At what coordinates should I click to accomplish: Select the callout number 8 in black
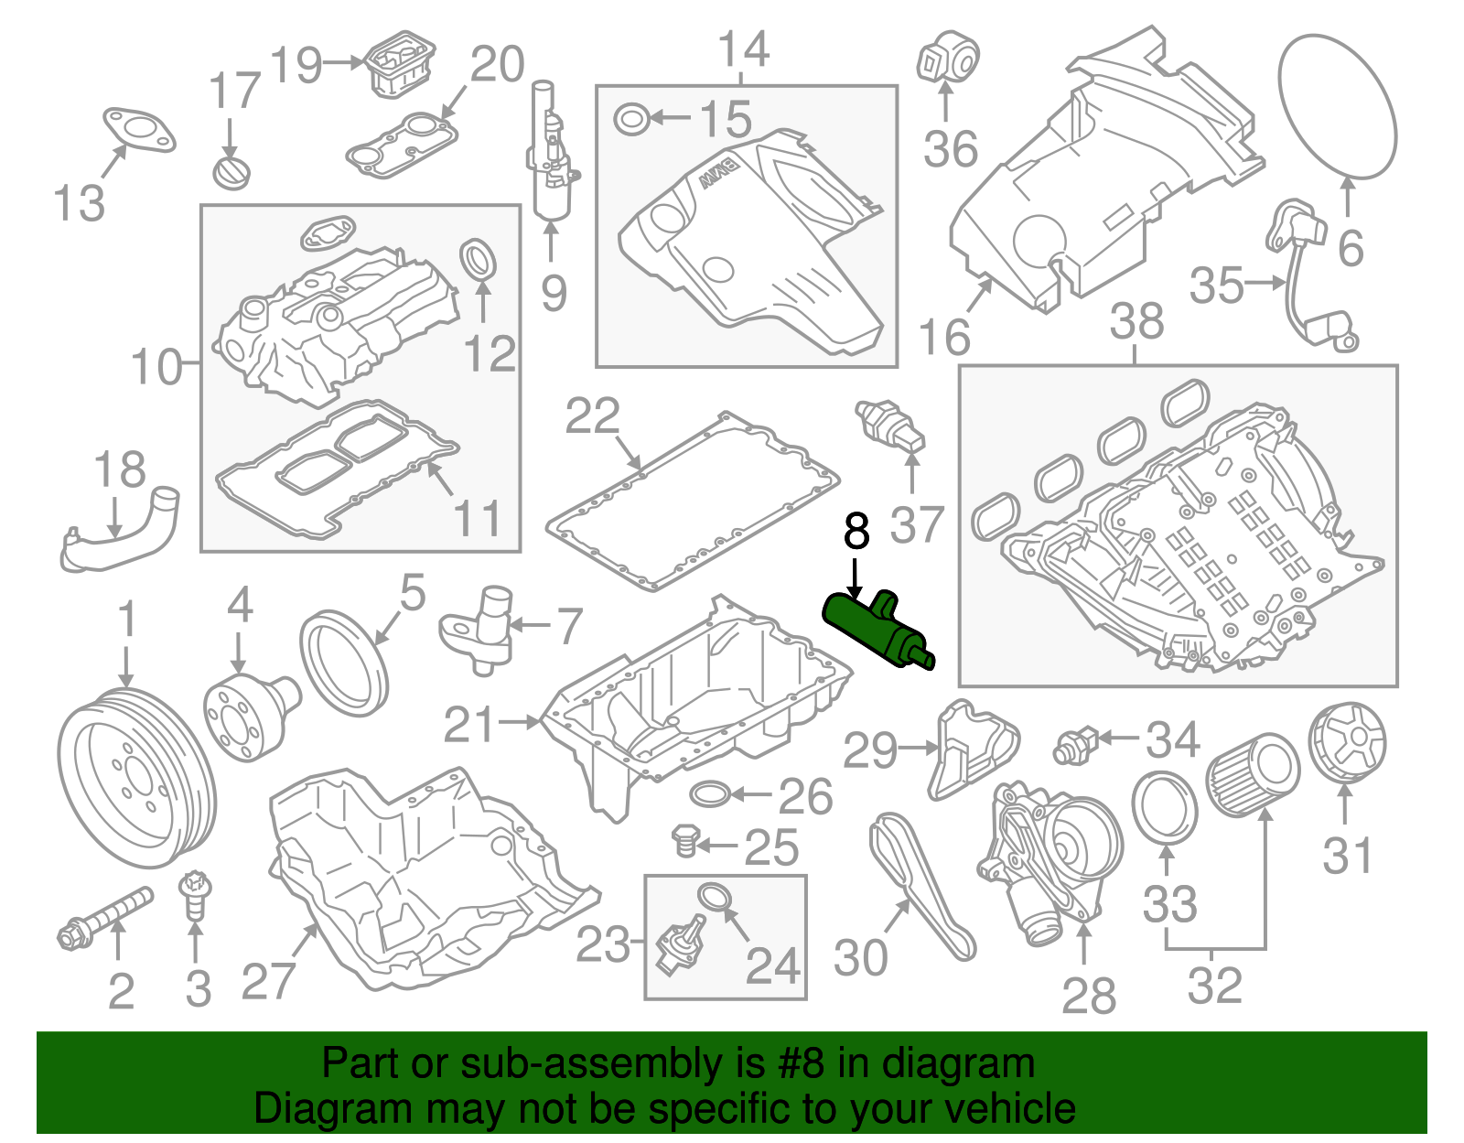tap(856, 531)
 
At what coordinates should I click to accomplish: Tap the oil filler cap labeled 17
tap(231, 172)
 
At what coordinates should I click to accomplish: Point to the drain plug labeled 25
tap(684, 841)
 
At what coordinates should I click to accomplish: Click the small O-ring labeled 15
tap(630, 119)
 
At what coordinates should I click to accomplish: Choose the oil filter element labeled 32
tap(1253, 777)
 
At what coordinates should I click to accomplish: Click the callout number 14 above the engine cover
tap(743, 49)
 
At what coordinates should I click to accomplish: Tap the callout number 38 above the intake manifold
tap(1136, 322)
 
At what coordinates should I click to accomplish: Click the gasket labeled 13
tap(138, 128)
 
